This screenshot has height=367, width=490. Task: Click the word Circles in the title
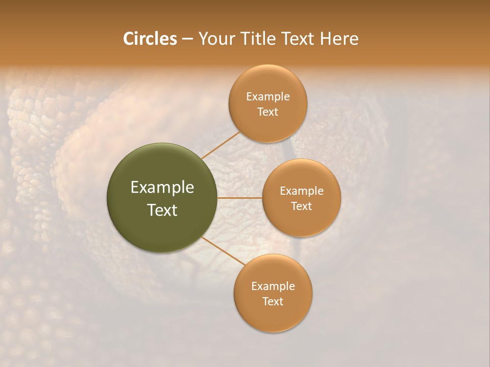(x=150, y=39)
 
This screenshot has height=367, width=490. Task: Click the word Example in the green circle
(x=162, y=188)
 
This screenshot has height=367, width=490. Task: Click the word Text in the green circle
(x=162, y=210)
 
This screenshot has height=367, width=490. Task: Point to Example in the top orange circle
(x=268, y=97)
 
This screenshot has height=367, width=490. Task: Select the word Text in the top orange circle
(x=268, y=112)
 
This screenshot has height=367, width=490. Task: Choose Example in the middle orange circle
(x=302, y=191)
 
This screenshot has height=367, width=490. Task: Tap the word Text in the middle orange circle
(x=302, y=206)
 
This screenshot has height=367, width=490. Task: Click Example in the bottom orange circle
(x=273, y=286)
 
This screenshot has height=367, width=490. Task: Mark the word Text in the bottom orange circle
(x=273, y=302)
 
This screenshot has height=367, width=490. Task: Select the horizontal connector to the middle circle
(x=240, y=198)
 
